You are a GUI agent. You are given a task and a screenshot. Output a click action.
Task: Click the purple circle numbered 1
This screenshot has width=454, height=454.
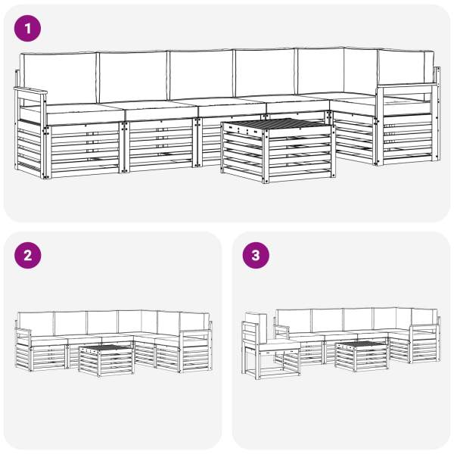coord(27,29)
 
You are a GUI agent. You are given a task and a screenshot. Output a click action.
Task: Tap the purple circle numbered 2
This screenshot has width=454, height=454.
coord(27,256)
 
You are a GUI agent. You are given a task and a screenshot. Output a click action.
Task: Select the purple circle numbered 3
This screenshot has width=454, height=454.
coord(256,256)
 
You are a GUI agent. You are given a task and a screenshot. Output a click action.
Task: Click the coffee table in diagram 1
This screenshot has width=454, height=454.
coord(278,150)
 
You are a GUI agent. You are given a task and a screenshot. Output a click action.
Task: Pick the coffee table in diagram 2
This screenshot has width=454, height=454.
coord(106,360)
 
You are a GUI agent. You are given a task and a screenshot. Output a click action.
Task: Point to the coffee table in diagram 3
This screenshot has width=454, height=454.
coord(362,356)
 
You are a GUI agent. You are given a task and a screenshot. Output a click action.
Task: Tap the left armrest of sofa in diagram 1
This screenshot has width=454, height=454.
coord(30,91)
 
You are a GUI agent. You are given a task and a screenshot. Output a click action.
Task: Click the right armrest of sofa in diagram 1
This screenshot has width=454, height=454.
coord(408,86)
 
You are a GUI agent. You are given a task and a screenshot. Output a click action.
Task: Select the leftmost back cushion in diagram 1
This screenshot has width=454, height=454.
coord(59,78)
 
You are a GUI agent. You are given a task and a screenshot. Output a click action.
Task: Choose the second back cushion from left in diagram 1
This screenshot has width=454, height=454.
coord(132,76)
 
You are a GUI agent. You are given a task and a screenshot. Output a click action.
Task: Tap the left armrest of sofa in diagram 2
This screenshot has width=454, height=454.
coord(23,331)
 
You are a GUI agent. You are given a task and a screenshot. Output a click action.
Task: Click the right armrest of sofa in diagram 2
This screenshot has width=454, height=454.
coord(196,331)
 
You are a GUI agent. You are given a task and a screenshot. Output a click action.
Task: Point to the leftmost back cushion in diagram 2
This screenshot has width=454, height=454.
coord(36,325)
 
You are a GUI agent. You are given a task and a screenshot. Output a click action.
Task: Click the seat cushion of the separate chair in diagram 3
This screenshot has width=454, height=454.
coord(278,345)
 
